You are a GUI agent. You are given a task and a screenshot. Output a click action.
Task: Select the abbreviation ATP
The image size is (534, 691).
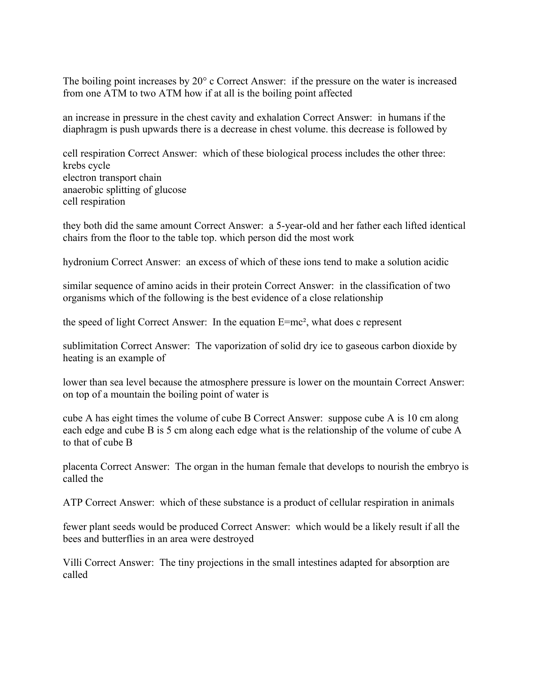(x=73, y=503)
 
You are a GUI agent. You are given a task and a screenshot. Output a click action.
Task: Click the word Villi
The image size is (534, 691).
(x=72, y=563)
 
